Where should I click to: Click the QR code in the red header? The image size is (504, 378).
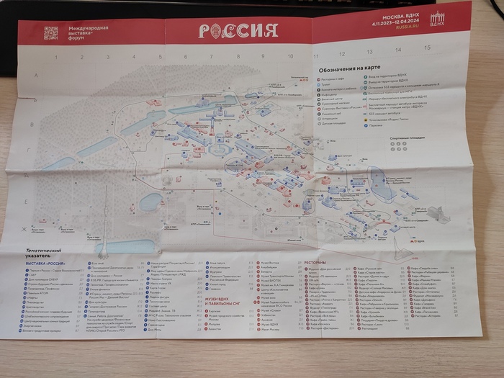click(50, 32)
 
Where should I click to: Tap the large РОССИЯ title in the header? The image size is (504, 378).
click(238, 30)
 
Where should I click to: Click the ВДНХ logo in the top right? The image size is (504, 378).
click(437, 21)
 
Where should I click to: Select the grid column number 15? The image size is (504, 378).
click(427, 48)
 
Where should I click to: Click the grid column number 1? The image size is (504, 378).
click(55, 55)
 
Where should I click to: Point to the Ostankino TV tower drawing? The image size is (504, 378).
click(105, 216)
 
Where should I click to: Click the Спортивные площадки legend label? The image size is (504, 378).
click(403, 136)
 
